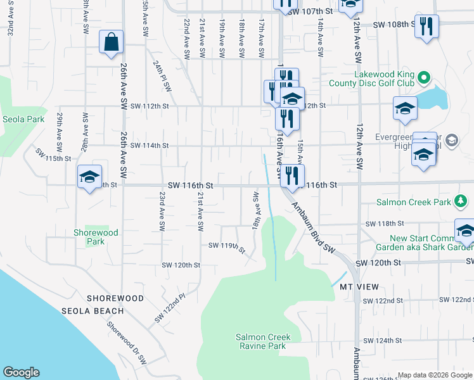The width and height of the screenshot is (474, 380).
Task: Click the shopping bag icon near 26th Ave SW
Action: click(x=111, y=42)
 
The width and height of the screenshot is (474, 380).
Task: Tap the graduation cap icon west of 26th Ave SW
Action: click(x=89, y=176)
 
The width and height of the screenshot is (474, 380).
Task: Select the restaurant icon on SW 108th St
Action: click(x=426, y=26)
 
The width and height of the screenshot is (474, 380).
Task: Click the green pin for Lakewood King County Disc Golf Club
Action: click(x=425, y=79)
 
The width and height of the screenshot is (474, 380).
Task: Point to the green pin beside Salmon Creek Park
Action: click(x=462, y=203)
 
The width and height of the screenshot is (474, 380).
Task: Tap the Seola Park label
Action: click(x=23, y=119)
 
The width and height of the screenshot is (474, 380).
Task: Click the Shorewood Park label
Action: click(x=95, y=237)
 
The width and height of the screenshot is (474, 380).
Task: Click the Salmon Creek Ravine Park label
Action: click(x=260, y=341)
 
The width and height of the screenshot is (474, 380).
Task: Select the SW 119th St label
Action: click(x=227, y=246)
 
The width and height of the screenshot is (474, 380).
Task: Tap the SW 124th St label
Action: click(x=384, y=341)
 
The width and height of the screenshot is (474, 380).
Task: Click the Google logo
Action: click(x=21, y=372)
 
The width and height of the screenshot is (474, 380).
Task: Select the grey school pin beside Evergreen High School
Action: click(x=452, y=141)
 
